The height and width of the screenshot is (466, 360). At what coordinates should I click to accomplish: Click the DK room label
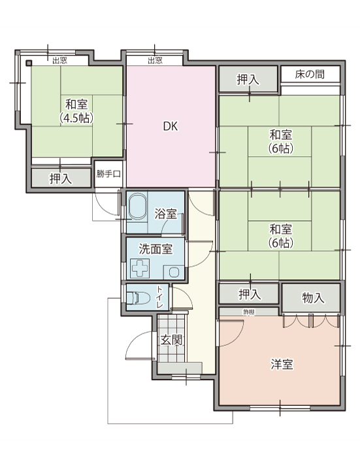(171, 126)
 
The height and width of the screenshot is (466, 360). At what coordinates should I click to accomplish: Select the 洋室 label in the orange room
(281, 364)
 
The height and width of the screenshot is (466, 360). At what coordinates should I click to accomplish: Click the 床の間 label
(309, 74)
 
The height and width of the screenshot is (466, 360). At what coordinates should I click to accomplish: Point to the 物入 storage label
(312, 298)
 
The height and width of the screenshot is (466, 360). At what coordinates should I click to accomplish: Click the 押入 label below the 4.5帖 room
(61, 178)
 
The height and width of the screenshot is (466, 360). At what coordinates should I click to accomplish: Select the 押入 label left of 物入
(249, 293)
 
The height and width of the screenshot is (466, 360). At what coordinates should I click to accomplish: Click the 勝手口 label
(108, 174)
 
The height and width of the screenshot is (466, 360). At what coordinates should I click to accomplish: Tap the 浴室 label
(165, 214)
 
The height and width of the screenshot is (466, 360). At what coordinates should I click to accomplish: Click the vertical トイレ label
(160, 297)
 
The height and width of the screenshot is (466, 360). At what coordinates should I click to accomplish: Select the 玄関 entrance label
(172, 340)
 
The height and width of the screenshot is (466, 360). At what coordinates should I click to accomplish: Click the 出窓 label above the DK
(155, 60)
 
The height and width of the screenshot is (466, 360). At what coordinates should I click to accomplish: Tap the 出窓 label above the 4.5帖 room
(59, 60)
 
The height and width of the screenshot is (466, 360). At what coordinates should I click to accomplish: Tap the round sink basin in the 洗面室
(174, 271)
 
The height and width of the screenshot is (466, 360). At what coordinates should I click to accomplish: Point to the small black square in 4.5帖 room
(29, 63)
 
